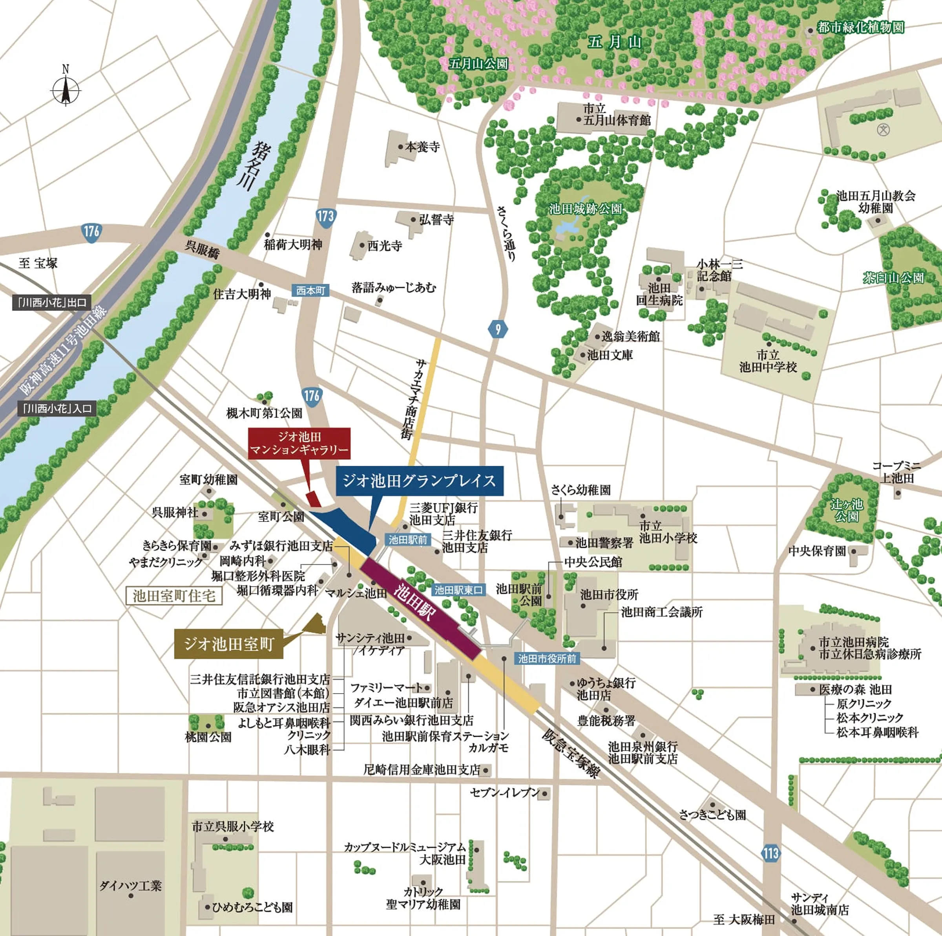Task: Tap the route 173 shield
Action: (326, 216)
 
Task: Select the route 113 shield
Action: (770, 853)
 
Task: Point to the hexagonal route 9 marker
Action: (498, 329)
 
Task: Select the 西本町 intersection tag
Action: (310, 290)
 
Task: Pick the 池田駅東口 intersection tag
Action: (459, 590)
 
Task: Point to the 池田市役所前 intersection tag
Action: (547, 658)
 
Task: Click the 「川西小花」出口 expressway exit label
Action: (52, 303)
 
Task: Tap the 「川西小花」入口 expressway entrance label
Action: (57, 408)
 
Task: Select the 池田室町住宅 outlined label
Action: (174, 596)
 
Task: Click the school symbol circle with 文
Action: (883, 129)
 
